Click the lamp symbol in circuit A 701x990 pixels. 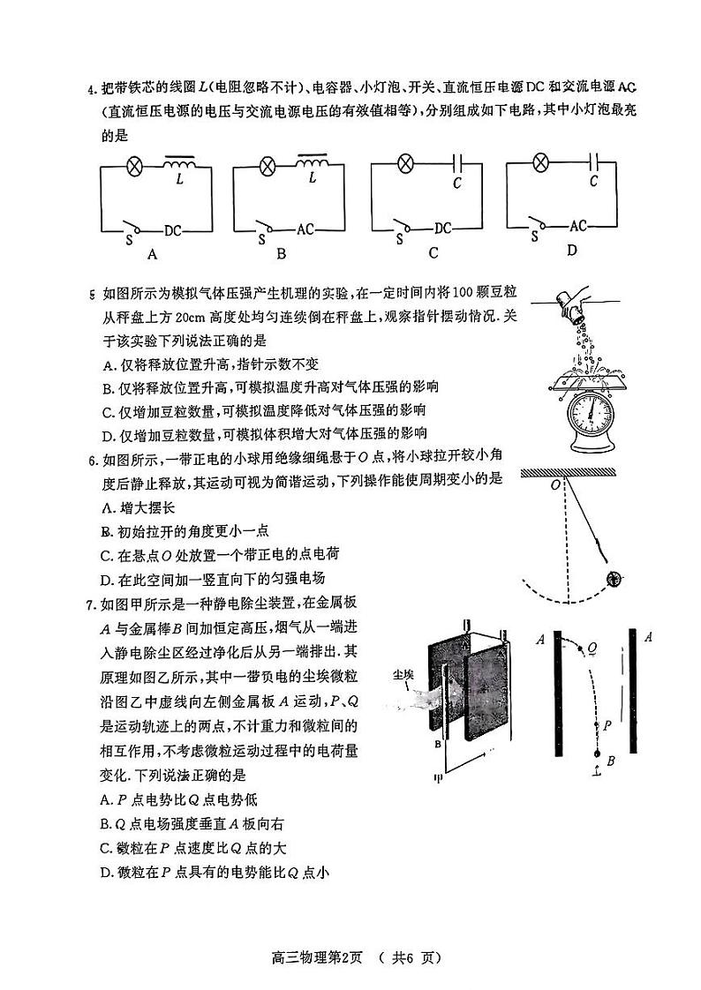click(x=137, y=165)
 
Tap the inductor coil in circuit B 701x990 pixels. click(x=313, y=163)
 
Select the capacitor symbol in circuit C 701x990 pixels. click(x=457, y=163)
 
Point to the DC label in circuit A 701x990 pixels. click(x=172, y=230)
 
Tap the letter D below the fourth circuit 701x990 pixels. click(x=572, y=251)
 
